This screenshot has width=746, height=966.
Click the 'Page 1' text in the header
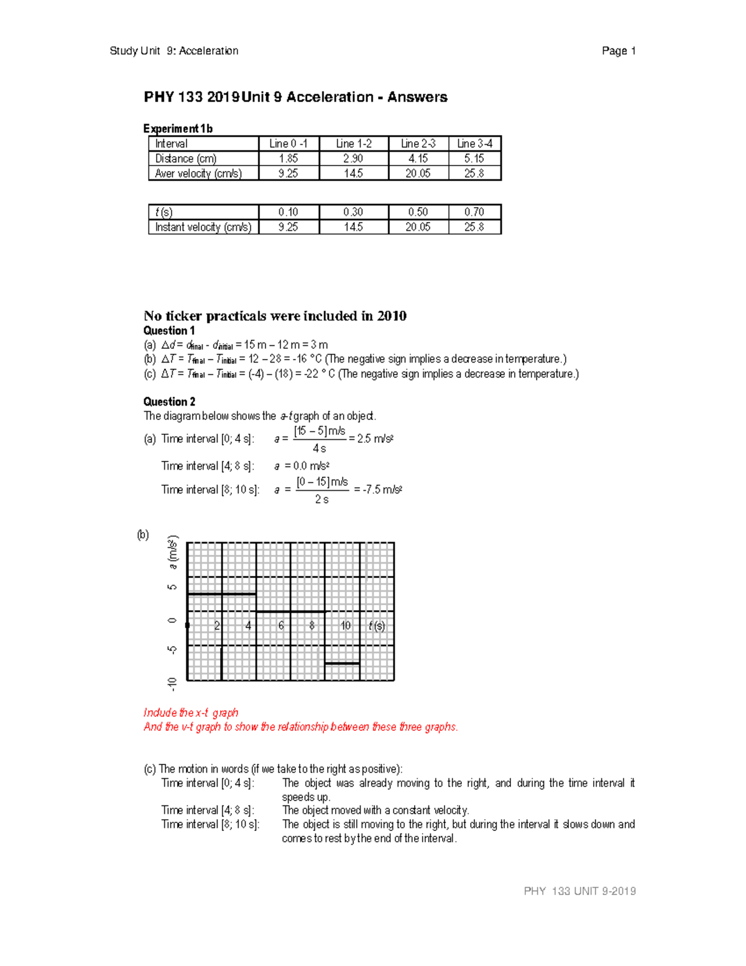tap(618, 51)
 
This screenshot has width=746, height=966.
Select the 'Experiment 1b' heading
tap(178, 129)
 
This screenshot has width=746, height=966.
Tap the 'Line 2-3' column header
tap(418, 144)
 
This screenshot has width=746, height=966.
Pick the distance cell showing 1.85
tap(288, 159)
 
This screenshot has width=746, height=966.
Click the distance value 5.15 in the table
tap(474, 159)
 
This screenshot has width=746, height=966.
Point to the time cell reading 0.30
tap(353, 212)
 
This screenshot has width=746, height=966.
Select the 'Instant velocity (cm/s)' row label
tap(203, 227)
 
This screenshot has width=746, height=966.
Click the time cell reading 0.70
tap(474, 212)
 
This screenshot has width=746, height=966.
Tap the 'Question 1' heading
tap(169, 331)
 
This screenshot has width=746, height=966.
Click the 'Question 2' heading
tap(169, 402)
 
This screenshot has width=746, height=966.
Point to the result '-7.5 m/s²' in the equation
tap(378, 490)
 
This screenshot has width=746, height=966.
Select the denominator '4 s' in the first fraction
tap(319, 448)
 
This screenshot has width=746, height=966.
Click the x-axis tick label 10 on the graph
tap(345, 626)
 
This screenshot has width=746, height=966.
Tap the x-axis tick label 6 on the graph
tap(281, 626)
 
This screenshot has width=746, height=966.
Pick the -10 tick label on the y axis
tap(172, 684)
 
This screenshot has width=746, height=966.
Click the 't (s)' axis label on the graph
tap(376, 626)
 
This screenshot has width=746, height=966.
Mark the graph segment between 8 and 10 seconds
tap(342, 664)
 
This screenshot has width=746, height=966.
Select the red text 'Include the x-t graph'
tap(191, 713)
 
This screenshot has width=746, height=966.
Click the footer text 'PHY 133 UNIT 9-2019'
tap(579, 891)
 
